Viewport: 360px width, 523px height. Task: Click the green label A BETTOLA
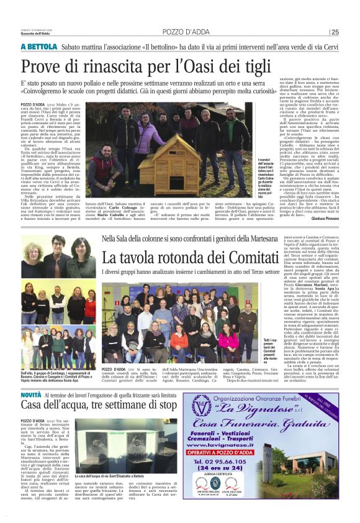pos(39,47)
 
